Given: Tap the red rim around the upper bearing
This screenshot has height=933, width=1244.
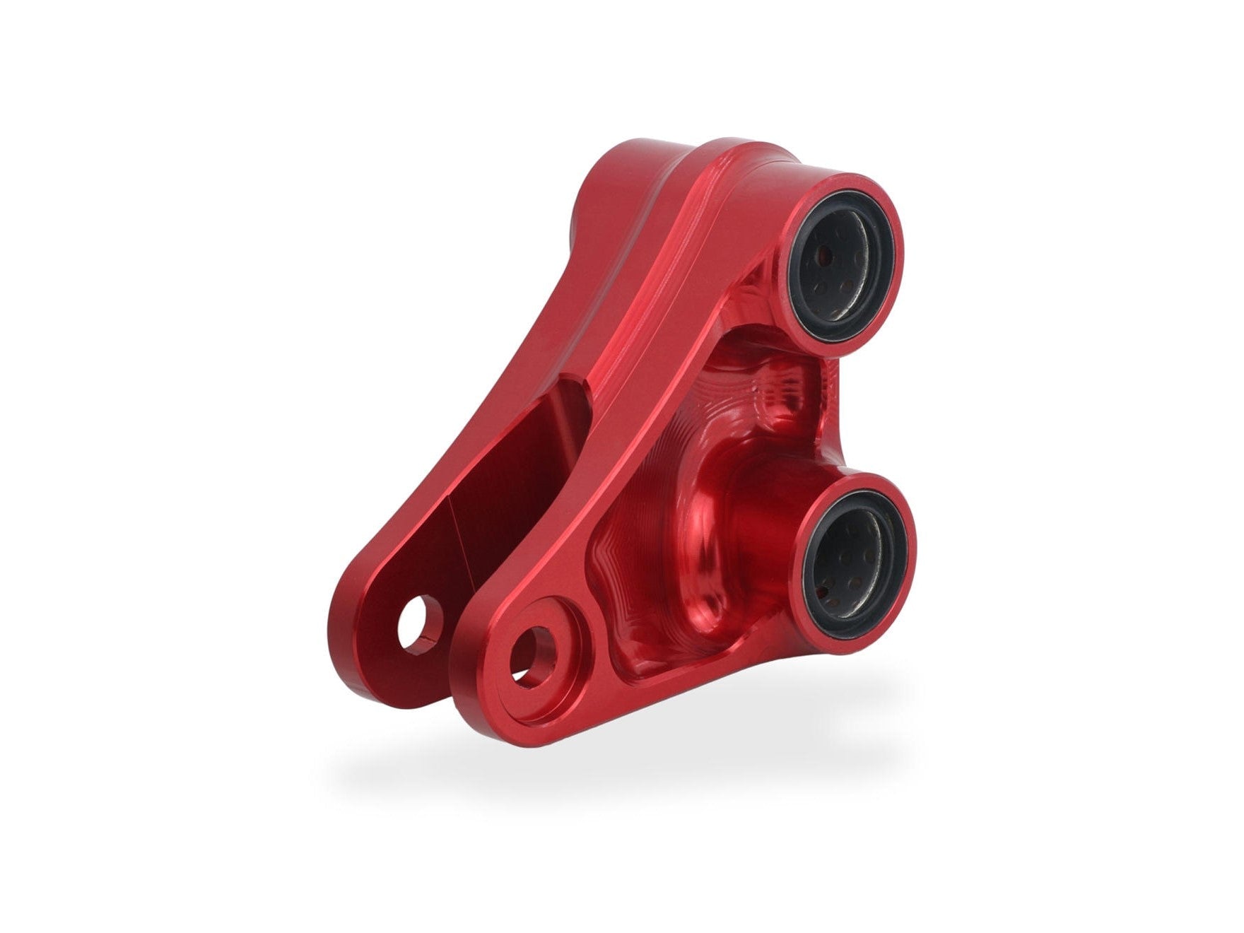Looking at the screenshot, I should point(895,212).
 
